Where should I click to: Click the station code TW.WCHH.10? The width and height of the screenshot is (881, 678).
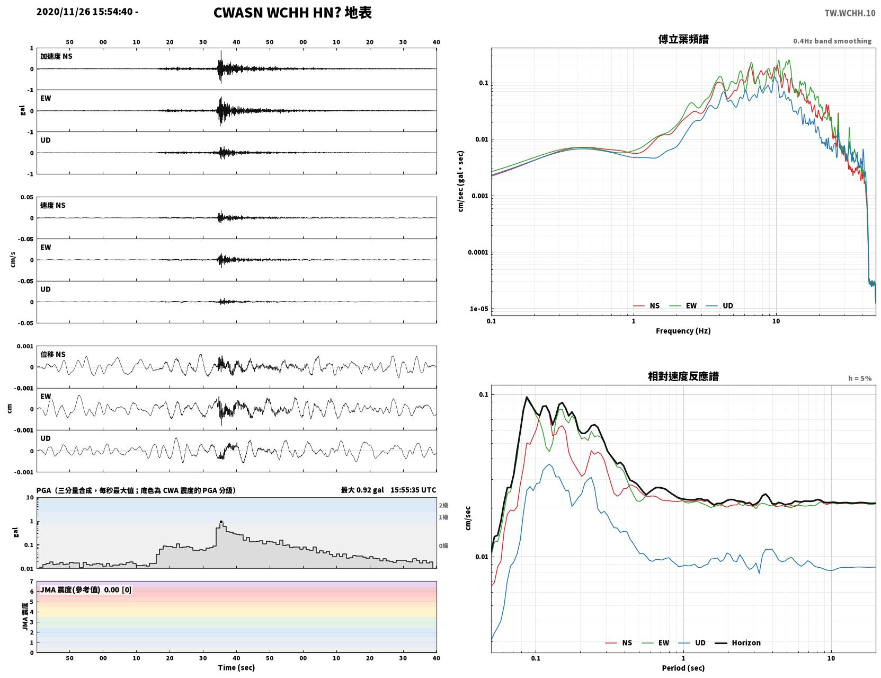click(x=850, y=13)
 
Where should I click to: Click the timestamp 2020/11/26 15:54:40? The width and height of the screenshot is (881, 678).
click(x=85, y=12)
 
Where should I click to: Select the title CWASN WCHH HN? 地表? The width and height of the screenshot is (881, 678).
click(x=292, y=13)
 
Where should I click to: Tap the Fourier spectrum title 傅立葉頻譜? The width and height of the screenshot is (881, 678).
click(x=683, y=39)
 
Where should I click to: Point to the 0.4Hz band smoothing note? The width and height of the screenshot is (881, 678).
click(x=832, y=41)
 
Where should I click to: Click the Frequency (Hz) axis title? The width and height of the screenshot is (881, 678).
click(x=683, y=331)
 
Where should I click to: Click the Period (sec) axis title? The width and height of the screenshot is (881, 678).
click(x=683, y=668)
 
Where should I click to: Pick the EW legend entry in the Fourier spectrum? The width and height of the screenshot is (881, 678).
click(x=683, y=306)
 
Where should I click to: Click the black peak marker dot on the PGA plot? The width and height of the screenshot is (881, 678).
click(x=221, y=522)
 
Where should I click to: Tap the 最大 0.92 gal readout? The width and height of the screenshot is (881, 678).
click(x=362, y=490)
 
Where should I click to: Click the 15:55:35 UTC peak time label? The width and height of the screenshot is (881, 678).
click(x=413, y=490)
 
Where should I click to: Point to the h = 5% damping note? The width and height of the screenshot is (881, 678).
click(x=860, y=378)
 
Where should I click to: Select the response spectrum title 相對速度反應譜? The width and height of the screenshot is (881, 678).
click(x=683, y=376)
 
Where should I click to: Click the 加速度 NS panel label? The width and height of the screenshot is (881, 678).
click(x=56, y=56)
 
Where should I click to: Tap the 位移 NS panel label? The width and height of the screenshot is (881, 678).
click(x=52, y=355)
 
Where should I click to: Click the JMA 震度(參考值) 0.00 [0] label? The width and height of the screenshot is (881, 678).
click(x=85, y=589)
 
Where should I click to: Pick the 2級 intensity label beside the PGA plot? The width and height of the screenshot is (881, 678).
click(x=443, y=505)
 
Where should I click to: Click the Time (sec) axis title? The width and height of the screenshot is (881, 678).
click(x=236, y=667)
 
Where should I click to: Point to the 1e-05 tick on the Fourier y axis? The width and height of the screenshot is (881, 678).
click(x=479, y=309)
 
